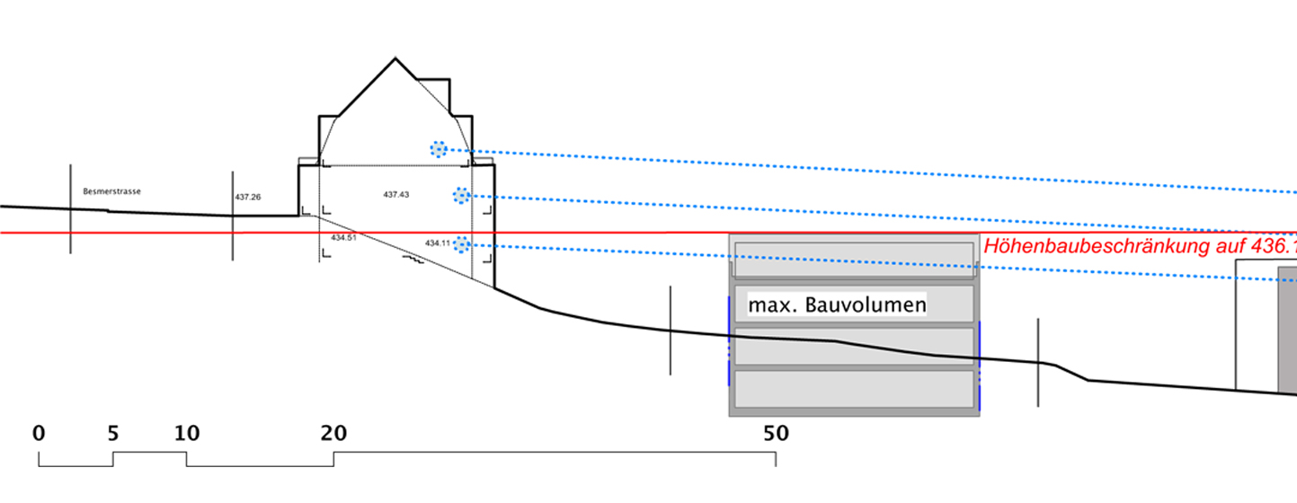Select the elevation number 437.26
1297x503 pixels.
point(248,197)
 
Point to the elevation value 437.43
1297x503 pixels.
point(395,194)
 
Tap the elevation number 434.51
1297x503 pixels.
point(343,238)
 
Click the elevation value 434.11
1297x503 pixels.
point(438,243)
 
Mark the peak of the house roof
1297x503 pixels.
point(395,59)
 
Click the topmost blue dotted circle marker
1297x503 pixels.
point(438,149)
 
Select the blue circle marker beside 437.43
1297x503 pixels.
point(461,195)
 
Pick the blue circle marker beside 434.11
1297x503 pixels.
point(461,243)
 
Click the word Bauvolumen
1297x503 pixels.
point(866,305)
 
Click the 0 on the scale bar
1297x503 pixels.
point(39,434)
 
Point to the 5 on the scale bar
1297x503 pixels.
point(112,434)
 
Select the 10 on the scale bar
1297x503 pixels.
point(186,434)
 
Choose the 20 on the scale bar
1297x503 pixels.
point(333,434)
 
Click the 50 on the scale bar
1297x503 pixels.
point(776,434)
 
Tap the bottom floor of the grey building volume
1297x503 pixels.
point(853,389)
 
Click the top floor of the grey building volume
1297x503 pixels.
point(853,260)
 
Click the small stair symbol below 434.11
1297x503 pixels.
point(413,260)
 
